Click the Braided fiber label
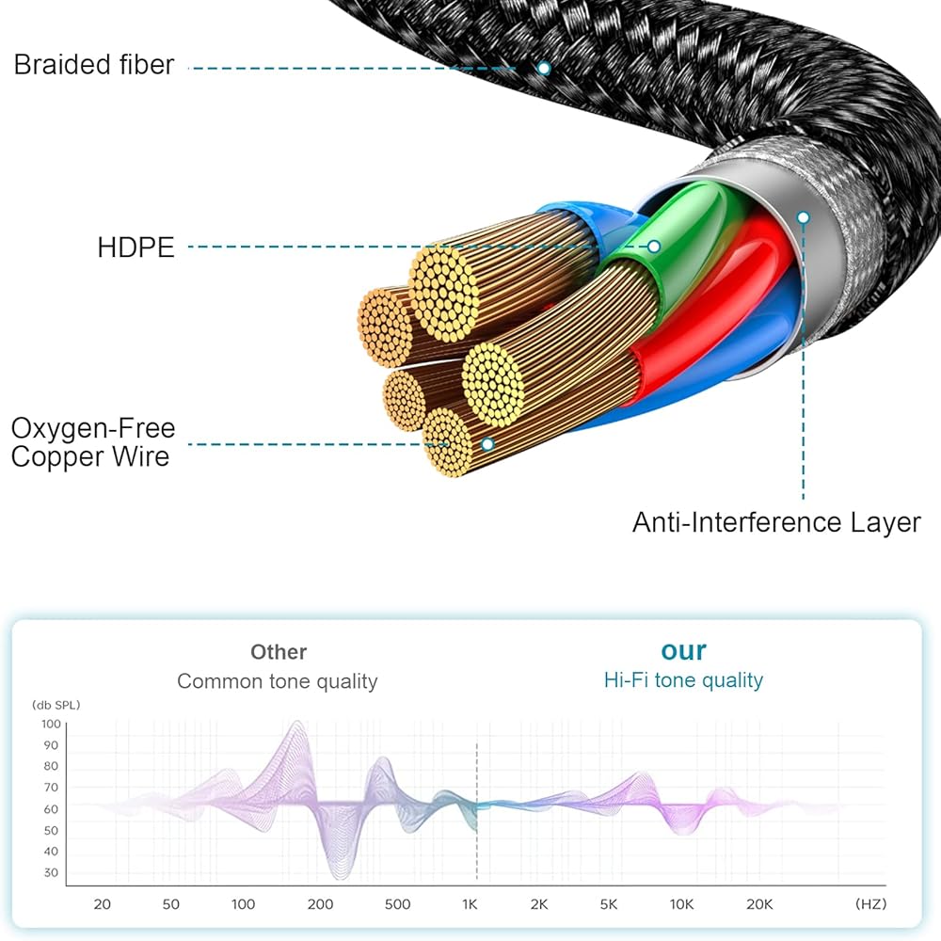(93, 65)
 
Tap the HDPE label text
(136, 247)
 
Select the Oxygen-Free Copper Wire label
(92, 442)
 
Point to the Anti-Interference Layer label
(775, 522)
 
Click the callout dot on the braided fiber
(543, 68)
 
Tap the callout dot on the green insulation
(654, 247)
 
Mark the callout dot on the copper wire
(487, 443)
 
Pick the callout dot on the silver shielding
(803, 217)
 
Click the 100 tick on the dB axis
(50, 724)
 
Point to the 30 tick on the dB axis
(50, 872)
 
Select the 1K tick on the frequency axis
(470, 904)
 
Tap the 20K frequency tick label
(759, 904)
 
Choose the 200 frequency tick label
(320, 904)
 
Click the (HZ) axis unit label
(870, 904)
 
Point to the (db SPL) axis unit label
(59, 704)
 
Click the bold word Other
(279, 651)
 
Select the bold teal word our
(683, 650)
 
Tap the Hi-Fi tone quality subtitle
(683, 679)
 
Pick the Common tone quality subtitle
(278, 681)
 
